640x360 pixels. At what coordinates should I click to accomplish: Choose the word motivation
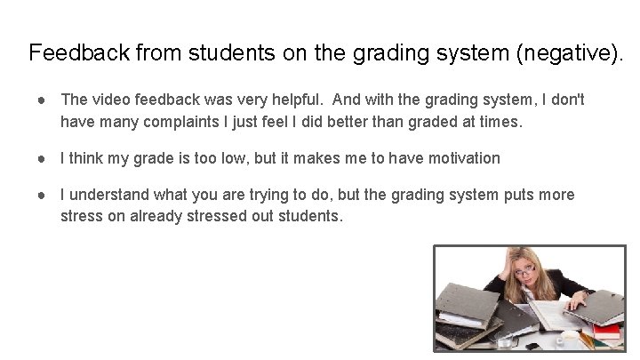[457, 158]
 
